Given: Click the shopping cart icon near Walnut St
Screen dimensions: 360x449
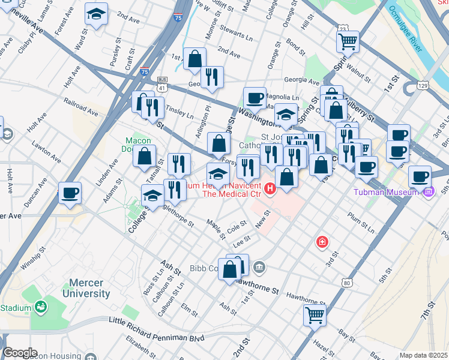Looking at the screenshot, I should coord(348,41).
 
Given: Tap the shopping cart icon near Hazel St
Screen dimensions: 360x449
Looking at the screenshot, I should coord(315,314).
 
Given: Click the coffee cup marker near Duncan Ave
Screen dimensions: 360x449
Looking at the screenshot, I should coord(70,193).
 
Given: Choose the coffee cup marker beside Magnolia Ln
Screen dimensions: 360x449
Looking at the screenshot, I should coord(255,98).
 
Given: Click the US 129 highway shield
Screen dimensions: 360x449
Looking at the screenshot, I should coord(423,87).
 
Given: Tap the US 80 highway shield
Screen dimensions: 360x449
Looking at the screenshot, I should coord(347,282).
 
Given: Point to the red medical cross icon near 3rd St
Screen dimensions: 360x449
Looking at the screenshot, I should coord(322,242).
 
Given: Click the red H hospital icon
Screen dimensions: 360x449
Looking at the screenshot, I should coord(270,190).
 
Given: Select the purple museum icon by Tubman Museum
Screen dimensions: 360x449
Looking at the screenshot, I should coord(428,192).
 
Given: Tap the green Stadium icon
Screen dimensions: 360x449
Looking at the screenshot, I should coord(41,308).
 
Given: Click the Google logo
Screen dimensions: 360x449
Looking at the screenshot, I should coord(19,353).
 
